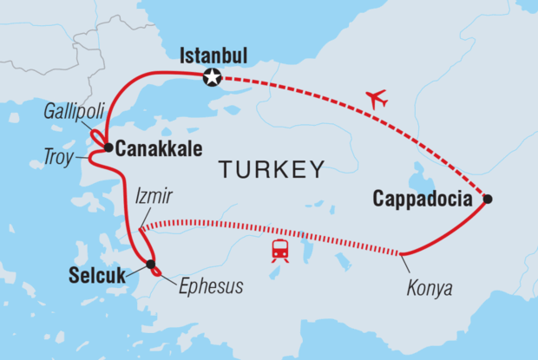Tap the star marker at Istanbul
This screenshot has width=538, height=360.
pos(211,79)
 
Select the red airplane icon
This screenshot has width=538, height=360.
pos(376,99)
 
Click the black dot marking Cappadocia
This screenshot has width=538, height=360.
pos(488,199)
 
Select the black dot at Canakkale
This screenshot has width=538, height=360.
pos(108,147)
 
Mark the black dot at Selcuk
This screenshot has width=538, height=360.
pos(151,264)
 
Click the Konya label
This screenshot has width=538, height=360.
pos(431,287)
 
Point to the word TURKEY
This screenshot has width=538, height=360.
pos(271,169)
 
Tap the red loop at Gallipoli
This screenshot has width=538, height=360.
pos(97,137)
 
